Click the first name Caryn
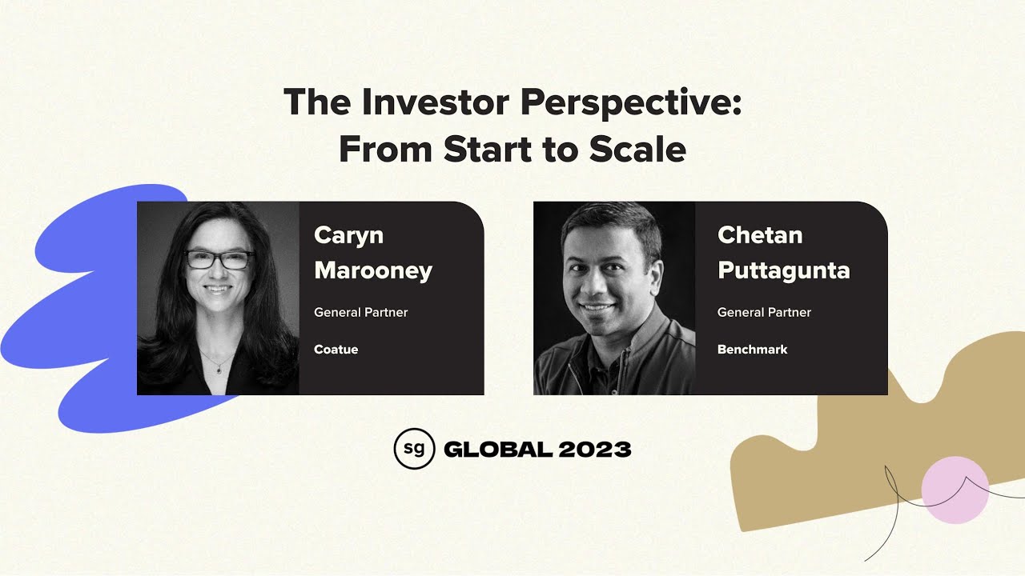348,235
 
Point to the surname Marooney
373,270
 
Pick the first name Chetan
760,235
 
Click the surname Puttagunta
783,270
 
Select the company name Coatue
336,350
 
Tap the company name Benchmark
752,350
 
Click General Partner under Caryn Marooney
360,312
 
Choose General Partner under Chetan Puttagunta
764,312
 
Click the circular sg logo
414,449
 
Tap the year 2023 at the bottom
595,450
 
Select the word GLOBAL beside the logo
497,450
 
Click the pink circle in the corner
955,490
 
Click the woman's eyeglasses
219,260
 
